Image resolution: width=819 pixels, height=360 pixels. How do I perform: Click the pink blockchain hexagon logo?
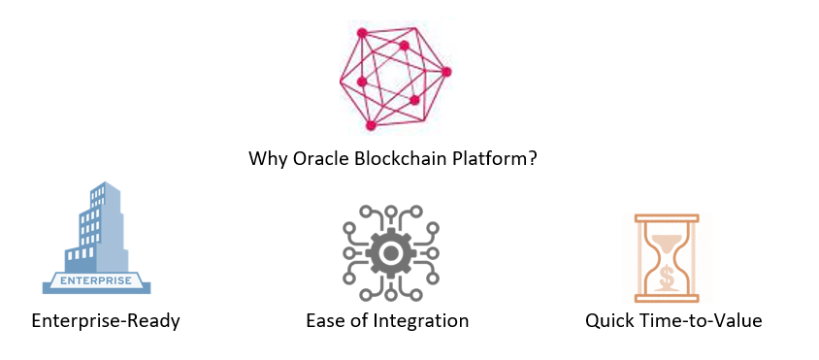[x=394, y=78]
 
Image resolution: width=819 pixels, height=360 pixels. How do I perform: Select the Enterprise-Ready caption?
[x=106, y=320]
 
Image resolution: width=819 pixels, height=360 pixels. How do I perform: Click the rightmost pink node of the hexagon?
[x=446, y=71]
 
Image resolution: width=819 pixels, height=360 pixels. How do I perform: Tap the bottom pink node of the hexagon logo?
[x=371, y=124]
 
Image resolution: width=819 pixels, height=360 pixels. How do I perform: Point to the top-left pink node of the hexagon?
[x=362, y=32]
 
